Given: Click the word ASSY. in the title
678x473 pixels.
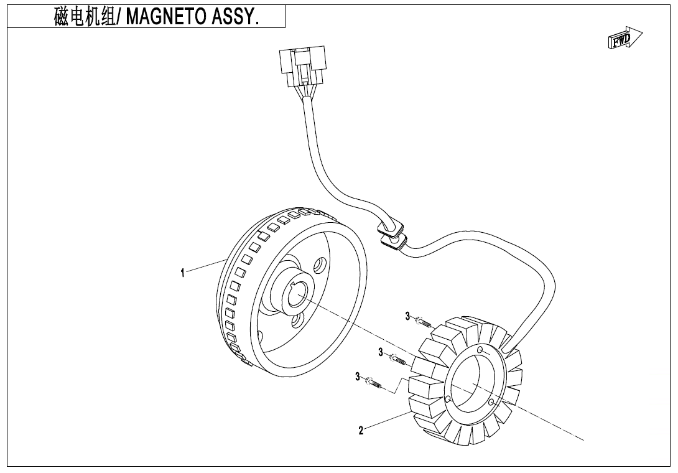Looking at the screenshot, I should tap(235, 17).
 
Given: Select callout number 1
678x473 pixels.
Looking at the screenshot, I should tap(182, 273).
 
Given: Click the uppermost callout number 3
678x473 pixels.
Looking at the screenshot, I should tap(408, 316).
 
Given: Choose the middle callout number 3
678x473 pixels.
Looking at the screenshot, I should tap(381, 353).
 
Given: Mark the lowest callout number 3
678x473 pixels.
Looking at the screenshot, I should tap(358, 377).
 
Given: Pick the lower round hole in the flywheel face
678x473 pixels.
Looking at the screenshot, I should tap(298, 320).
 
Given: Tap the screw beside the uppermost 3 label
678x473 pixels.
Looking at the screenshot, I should tap(424, 323).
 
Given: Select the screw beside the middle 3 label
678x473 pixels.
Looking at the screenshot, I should tap(398, 359).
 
